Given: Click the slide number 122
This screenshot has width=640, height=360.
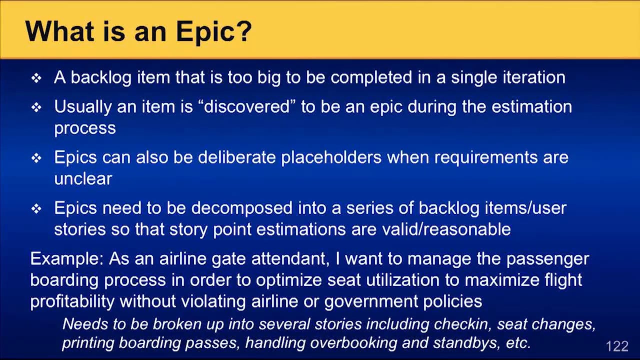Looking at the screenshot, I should click(616, 346).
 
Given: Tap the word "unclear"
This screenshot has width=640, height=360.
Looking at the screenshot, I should click(83, 178).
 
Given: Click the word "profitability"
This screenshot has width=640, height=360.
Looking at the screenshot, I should click(72, 301).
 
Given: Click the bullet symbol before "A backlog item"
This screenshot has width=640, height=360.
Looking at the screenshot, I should click(36, 78).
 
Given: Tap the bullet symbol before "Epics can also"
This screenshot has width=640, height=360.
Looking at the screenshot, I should click(36, 158).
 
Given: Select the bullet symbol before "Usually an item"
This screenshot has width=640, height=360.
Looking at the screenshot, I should click(36, 107).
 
